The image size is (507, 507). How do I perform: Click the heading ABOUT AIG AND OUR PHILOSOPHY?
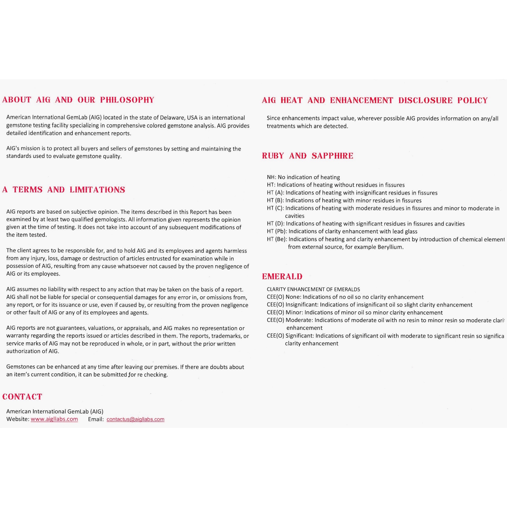pos(78,100)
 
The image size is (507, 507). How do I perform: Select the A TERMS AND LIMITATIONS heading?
pos(64,190)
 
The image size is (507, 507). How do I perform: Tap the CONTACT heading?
pos(22,396)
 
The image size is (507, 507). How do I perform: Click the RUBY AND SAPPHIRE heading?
pos(307,156)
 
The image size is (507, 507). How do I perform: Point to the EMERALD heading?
pos(282,276)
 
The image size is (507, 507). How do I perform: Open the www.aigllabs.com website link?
pos(54,419)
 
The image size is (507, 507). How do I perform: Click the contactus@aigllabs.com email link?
pos(135,419)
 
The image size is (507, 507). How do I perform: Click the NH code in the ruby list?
pos(271,177)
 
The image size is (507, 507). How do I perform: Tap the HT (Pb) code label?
pos(277,231)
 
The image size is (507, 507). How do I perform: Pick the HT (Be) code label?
pos(277,239)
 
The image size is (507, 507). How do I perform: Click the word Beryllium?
pos(390,247)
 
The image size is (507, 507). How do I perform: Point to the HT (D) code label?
pos(276,224)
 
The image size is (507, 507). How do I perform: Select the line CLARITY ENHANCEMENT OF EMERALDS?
pos(313,289)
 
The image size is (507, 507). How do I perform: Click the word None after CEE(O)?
pos(293,297)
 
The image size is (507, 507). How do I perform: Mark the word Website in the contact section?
pos(17,419)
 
